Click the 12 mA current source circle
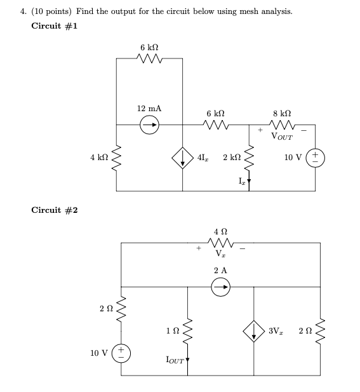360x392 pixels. coord(150,125)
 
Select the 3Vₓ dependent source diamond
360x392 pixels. coord(254,330)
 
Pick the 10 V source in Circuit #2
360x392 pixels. coord(121,353)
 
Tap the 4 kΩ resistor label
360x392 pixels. coord(99,156)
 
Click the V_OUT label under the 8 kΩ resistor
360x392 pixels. coord(281,135)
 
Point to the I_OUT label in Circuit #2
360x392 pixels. coord(175,360)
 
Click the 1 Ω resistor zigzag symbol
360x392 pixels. coord(187,330)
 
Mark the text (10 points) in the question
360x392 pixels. coord(50,11)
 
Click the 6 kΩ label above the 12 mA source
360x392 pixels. coord(149,48)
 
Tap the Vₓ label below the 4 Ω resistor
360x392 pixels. coord(220,253)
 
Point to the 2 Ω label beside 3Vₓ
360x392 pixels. coord(298,330)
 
